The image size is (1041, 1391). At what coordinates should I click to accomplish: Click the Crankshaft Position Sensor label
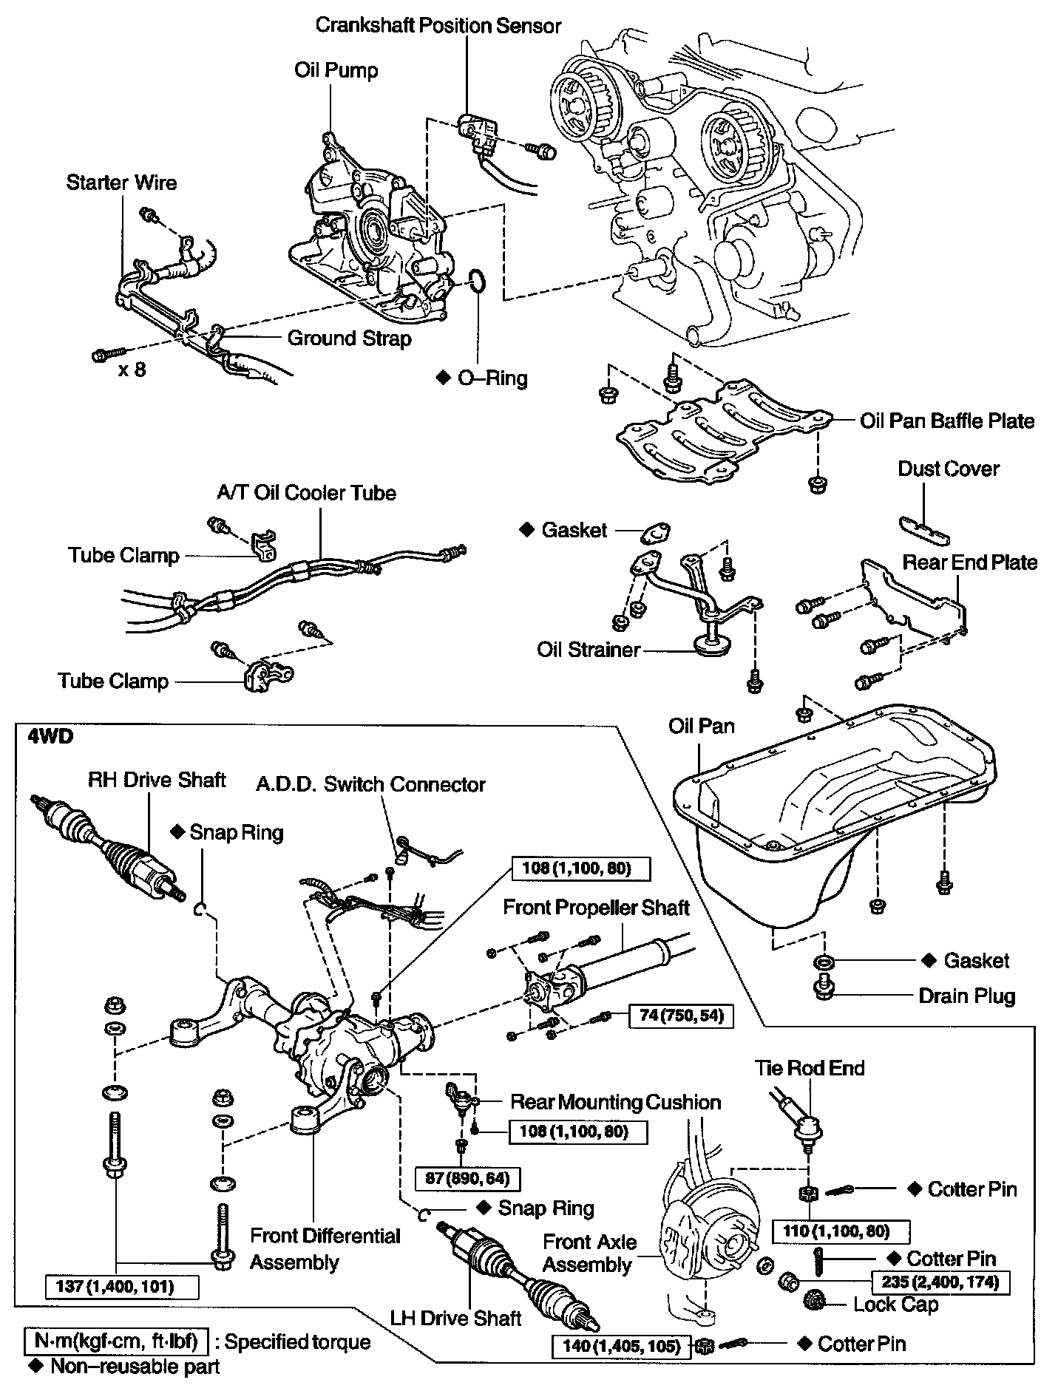(438, 25)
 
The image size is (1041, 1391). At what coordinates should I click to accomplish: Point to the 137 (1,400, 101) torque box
(122, 1287)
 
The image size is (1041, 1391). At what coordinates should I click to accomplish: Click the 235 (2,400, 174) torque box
(940, 1282)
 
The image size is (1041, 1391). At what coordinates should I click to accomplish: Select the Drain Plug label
(966, 996)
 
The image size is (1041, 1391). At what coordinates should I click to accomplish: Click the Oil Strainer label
(588, 650)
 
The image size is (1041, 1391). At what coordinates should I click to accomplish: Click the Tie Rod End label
(809, 1067)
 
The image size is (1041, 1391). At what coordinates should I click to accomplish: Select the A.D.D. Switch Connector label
(370, 784)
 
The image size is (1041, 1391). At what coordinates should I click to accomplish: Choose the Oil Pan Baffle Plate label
(946, 421)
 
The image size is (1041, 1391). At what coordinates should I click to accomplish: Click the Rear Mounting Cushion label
(615, 1102)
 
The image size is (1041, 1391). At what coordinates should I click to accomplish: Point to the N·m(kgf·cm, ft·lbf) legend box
(116, 1341)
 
